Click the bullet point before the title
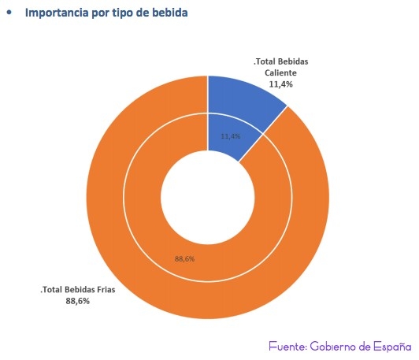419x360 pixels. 9,13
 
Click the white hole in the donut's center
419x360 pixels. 207,197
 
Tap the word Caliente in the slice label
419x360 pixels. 280,72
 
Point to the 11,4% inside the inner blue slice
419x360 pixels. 230,136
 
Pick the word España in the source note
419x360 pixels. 395,346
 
